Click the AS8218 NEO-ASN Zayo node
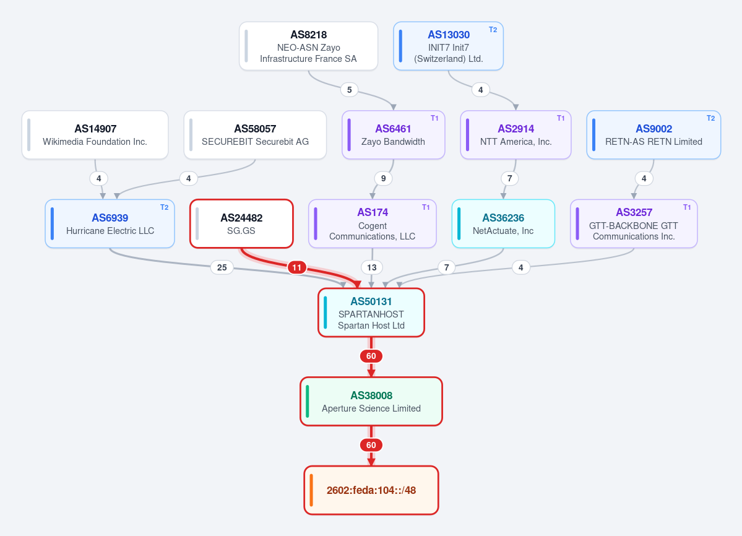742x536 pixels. coord(309,46)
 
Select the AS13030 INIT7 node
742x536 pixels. coord(448,46)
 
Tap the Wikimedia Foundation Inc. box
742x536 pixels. coord(95,135)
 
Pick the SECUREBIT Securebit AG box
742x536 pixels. coord(255,135)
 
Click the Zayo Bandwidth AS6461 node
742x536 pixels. coord(393,135)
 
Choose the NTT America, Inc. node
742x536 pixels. coord(516,135)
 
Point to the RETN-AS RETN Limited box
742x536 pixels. coord(654,135)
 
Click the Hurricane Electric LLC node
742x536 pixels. coord(110,224)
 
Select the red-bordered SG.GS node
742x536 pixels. coord(241,224)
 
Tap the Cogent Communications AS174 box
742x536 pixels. coord(373,224)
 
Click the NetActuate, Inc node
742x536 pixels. coord(503,224)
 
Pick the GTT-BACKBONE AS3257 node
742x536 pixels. coord(634,224)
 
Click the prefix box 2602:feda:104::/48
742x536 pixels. coord(371,490)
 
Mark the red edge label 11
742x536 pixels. coord(296,267)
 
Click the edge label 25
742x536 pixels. coord(222,267)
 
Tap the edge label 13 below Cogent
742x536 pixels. coord(372,267)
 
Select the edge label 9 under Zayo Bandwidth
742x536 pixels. coord(383,178)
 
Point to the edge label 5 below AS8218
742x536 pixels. coord(349,89)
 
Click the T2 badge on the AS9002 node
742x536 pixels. coord(711,118)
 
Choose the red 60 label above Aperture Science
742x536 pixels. coord(371,357)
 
